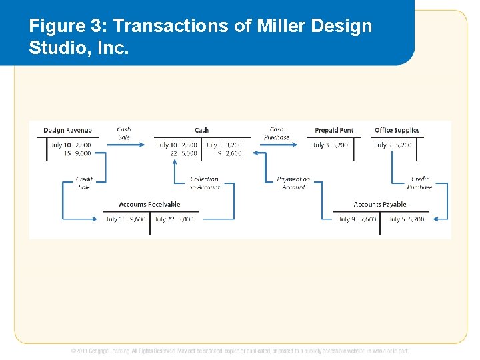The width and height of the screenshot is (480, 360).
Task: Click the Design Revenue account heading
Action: [x=67, y=131]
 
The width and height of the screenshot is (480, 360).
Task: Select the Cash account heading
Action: [x=201, y=131]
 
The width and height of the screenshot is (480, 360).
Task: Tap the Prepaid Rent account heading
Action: [x=334, y=131]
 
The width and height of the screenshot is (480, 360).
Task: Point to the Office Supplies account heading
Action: [x=397, y=131]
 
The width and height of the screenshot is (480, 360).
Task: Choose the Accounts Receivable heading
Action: [x=149, y=205]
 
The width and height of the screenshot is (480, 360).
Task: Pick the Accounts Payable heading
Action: [x=380, y=205]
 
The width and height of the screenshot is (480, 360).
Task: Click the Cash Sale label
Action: [x=124, y=133]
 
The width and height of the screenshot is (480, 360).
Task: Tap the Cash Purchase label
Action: [x=277, y=133]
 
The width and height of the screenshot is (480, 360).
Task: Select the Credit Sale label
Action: [x=84, y=183]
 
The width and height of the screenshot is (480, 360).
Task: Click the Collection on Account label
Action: [x=204, y=183]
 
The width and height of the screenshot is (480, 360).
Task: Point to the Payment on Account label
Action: [x=293, y=183]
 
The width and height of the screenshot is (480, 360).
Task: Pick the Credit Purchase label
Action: [x=419, y=183]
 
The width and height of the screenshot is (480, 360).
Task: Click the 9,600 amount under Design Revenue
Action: [x=83, y=153]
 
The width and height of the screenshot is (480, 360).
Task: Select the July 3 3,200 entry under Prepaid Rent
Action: [x=330, y=145]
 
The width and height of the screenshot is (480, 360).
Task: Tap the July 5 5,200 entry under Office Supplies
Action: [x=393, y=145]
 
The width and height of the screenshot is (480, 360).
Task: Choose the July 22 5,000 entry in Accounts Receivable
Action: [x=174, y=219]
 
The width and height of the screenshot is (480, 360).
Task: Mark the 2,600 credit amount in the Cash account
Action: [x=233, y=153]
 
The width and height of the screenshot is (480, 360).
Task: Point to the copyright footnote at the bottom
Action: [x=240, y=351]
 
